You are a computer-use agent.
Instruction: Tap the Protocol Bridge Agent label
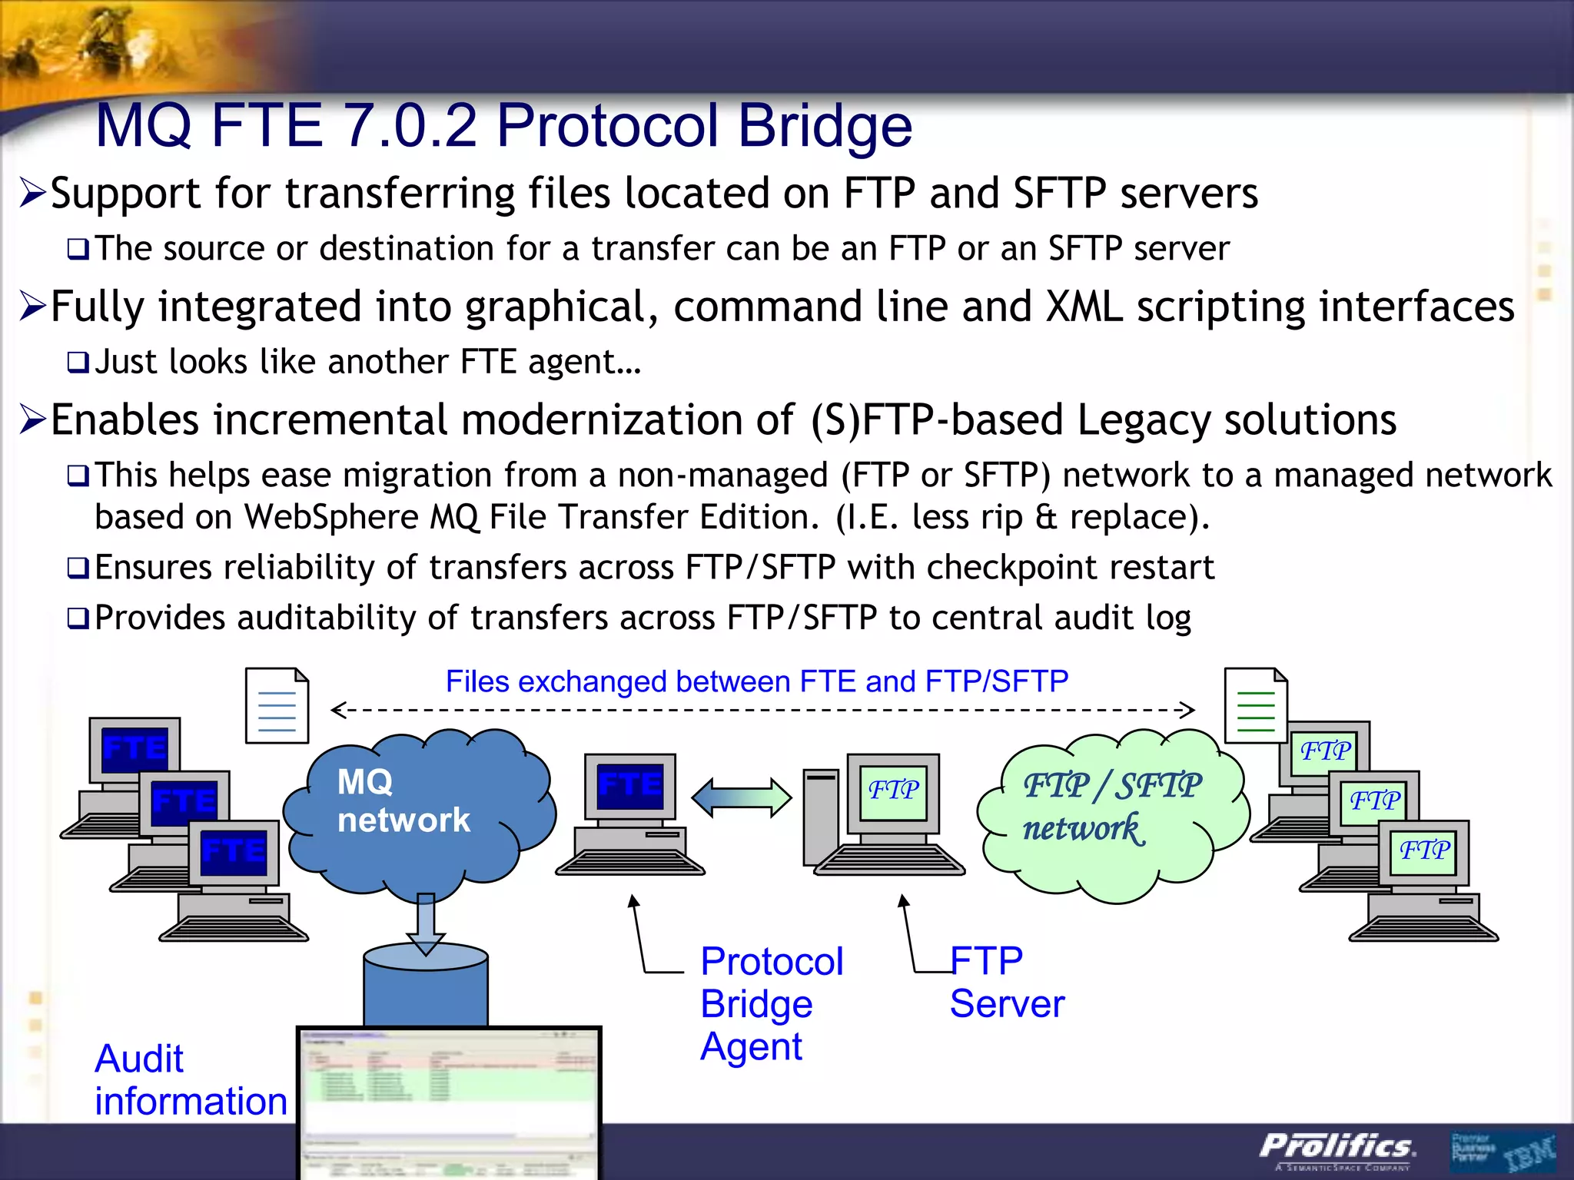(x=771, y=1003)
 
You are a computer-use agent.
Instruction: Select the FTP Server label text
(x=1005, y=982)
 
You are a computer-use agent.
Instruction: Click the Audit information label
(x=190, y=1079)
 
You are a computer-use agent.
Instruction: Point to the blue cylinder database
(x=425, y=991)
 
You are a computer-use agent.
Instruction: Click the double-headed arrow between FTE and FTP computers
(x=741, y=797)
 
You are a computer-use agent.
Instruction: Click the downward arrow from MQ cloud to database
(x=425, y=922)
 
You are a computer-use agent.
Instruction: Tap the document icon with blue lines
(x=277, y=705)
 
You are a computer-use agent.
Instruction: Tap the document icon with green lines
(x=1255, y=705)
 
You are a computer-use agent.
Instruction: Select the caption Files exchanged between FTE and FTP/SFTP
(x=756, y=681)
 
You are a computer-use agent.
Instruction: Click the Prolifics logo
(x=1336, y=1148)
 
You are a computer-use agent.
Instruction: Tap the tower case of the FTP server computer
(x=820, y=817)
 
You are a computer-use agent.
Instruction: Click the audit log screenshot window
(x=449, y=1099)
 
